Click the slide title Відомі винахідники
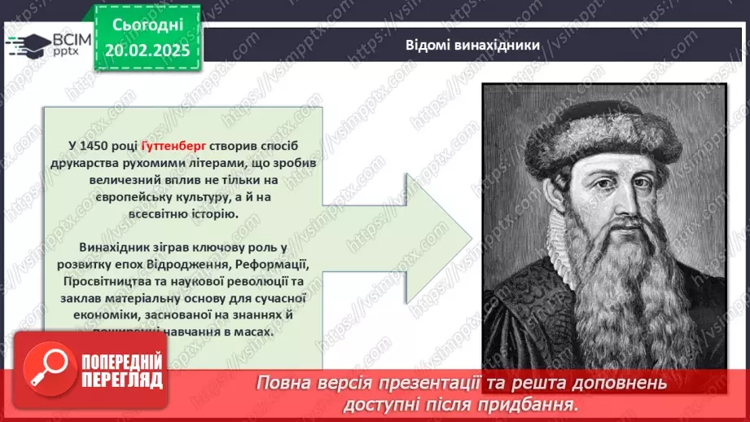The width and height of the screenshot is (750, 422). [472, 45]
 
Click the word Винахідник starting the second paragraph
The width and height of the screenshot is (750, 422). [116, 247]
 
